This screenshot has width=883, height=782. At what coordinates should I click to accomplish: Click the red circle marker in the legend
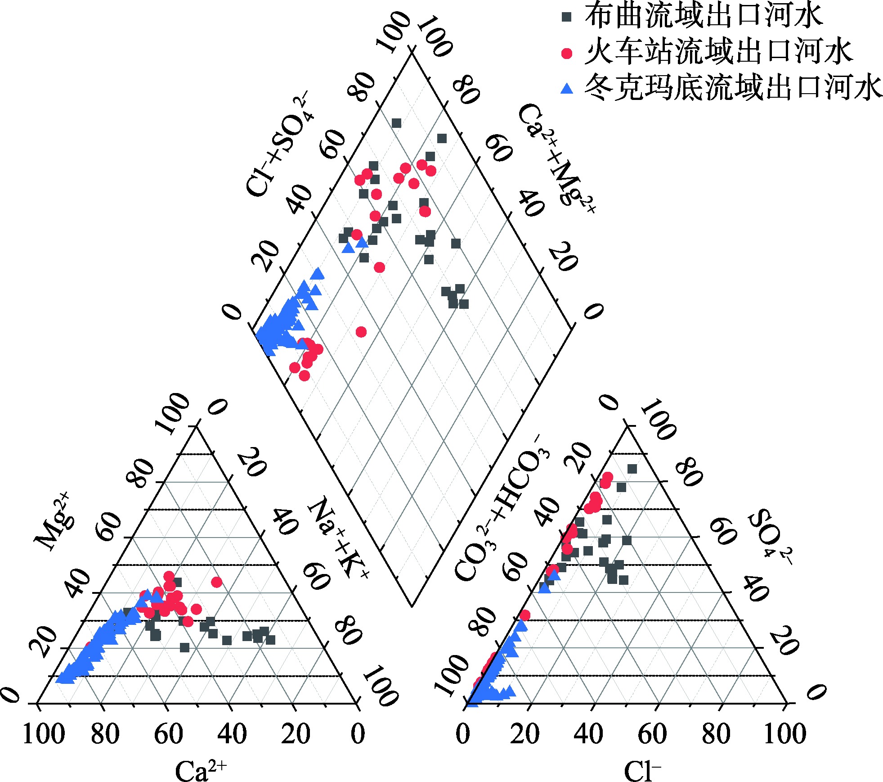click(x=567, y=54)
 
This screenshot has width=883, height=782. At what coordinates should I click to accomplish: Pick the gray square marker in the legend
click(x=567, y=17)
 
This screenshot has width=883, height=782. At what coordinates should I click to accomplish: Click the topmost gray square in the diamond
click(x=396, y=123)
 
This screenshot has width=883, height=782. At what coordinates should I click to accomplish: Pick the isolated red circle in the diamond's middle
click(x=361, y=332)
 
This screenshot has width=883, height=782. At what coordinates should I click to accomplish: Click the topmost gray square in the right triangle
click(x=632, y=469)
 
